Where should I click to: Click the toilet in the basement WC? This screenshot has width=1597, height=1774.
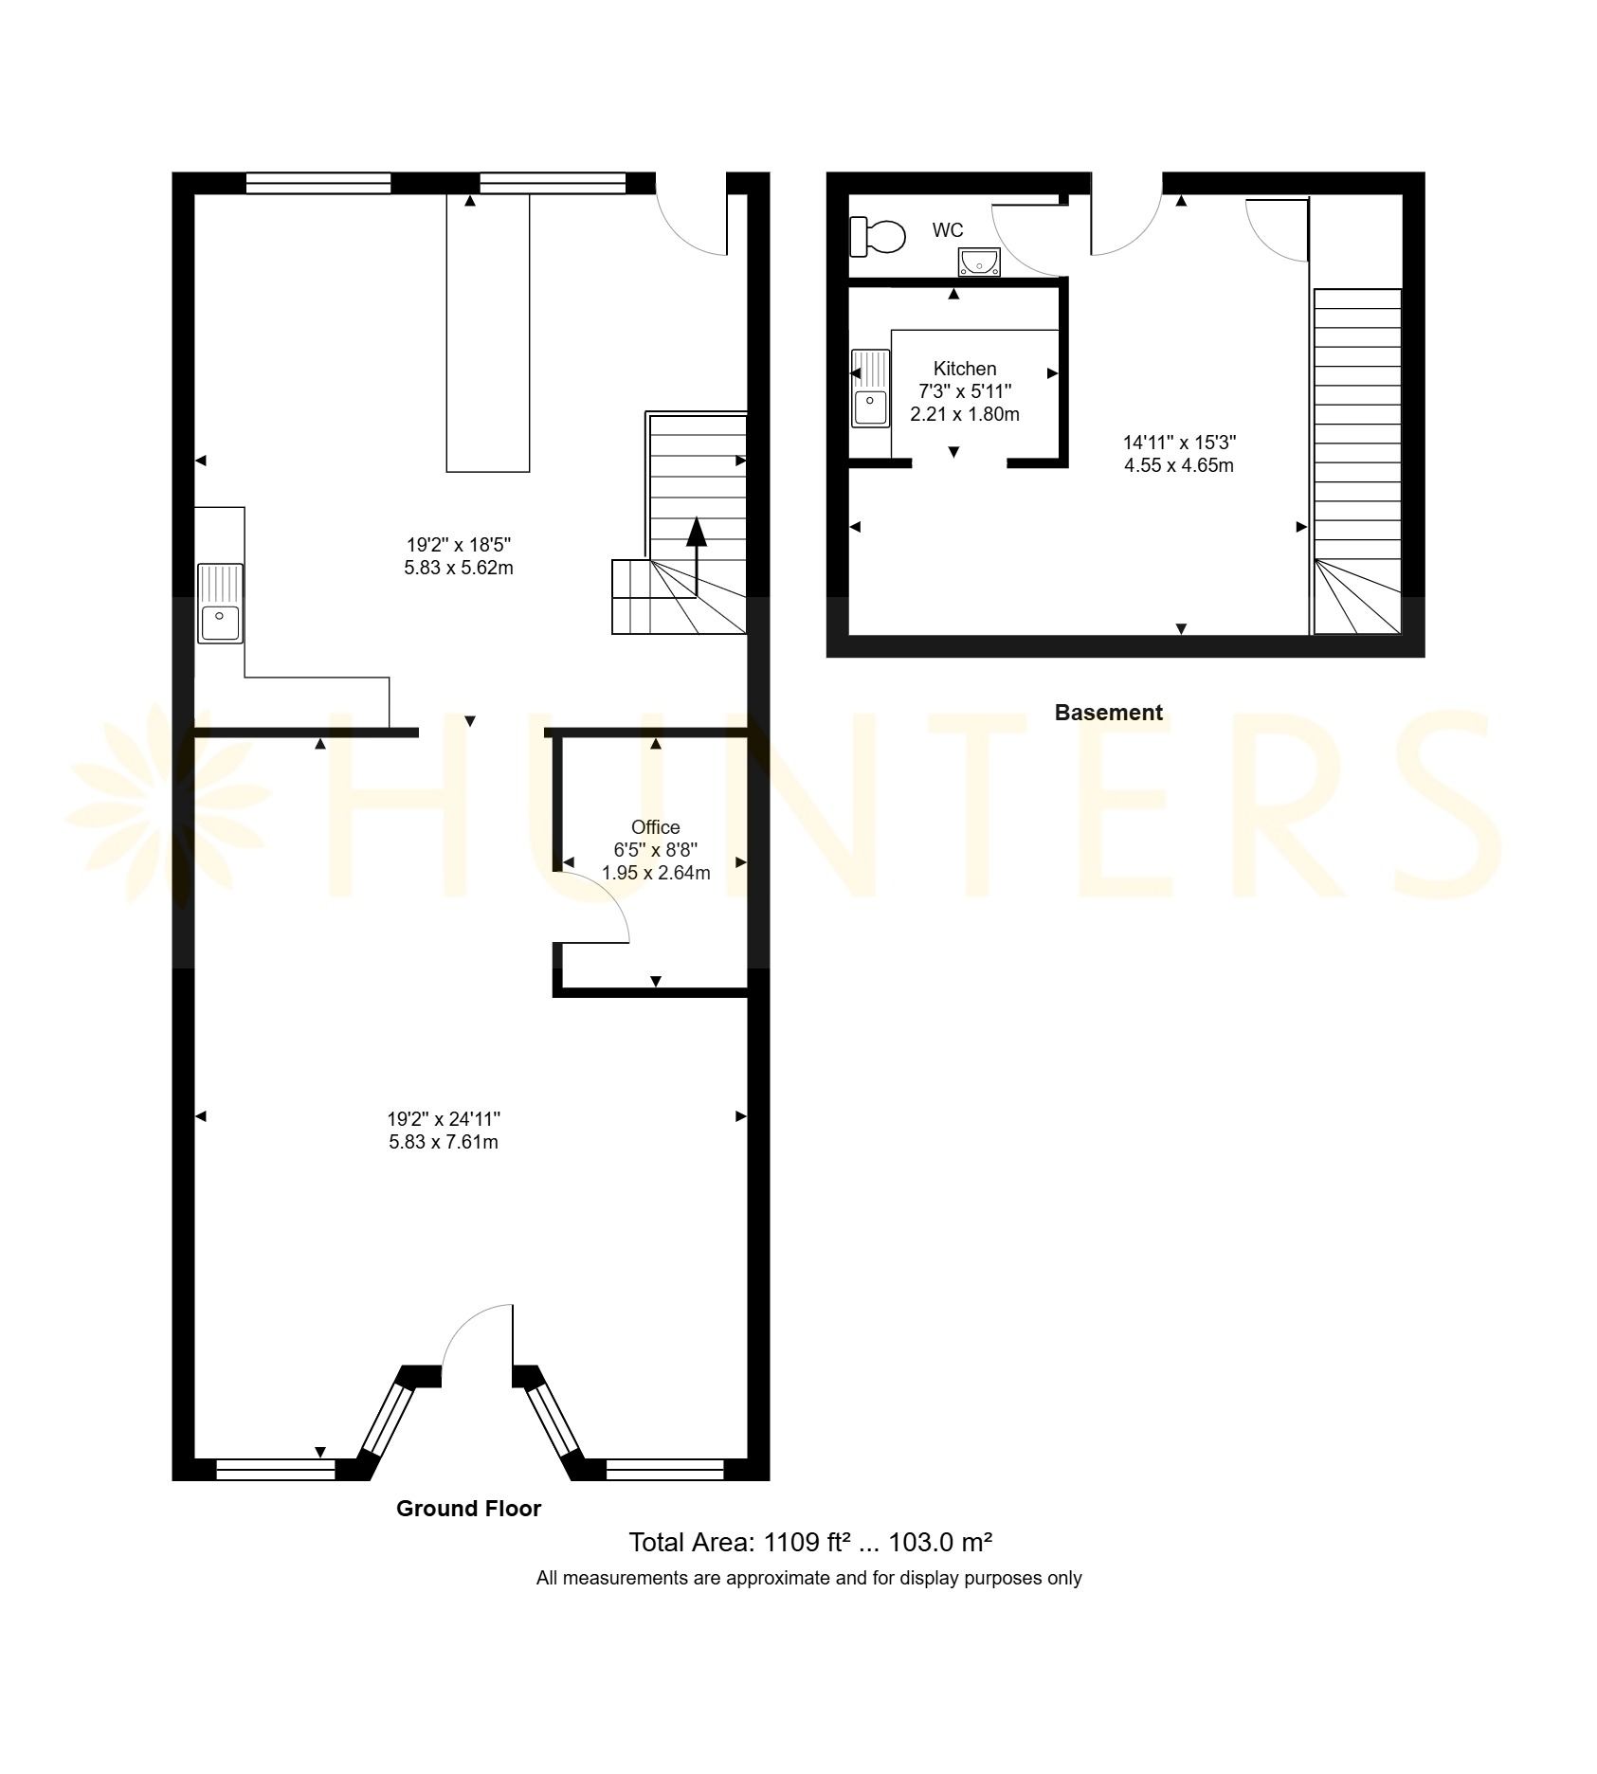pyautogui.click(x=878, y=236)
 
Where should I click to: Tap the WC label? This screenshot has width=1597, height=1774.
pyautogui.click(x=948, y=230)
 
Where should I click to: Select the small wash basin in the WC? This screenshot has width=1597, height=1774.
pyautogui.click(x=978, y=262)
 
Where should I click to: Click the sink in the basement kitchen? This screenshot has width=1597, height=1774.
pyautogui.click(x=870, y=389)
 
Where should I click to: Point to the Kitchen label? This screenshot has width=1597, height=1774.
pyautogui.click(x=965, y=369)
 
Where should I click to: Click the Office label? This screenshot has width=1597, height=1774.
pyautogui.click(x=656, y=827)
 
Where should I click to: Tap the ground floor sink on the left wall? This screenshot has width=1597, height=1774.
pyautogui.click(x=220, y=604)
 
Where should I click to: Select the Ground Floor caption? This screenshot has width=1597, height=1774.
pyautogui.click(x=468, y=1510)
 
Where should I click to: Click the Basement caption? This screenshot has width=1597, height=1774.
pyautogui.click(x=1108, y=713)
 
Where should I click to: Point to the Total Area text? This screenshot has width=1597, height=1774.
pyautogui.click(x=810, y=1543)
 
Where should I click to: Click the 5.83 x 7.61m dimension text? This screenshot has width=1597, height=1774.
pyautogui.click(x=444, y=1142)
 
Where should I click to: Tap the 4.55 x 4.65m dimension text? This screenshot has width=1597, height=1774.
pyautogui.click(x=1179, y=465)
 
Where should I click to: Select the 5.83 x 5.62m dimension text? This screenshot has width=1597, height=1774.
pyautogui.click(x=459, y=568)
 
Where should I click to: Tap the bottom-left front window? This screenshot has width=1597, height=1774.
pyautogui.click(x=276, y=1469)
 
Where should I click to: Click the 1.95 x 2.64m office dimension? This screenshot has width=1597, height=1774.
pyautogui.click(x=656, y=873)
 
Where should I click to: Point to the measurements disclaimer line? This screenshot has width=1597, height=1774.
pyautogui.click(x=808, y=1578)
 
